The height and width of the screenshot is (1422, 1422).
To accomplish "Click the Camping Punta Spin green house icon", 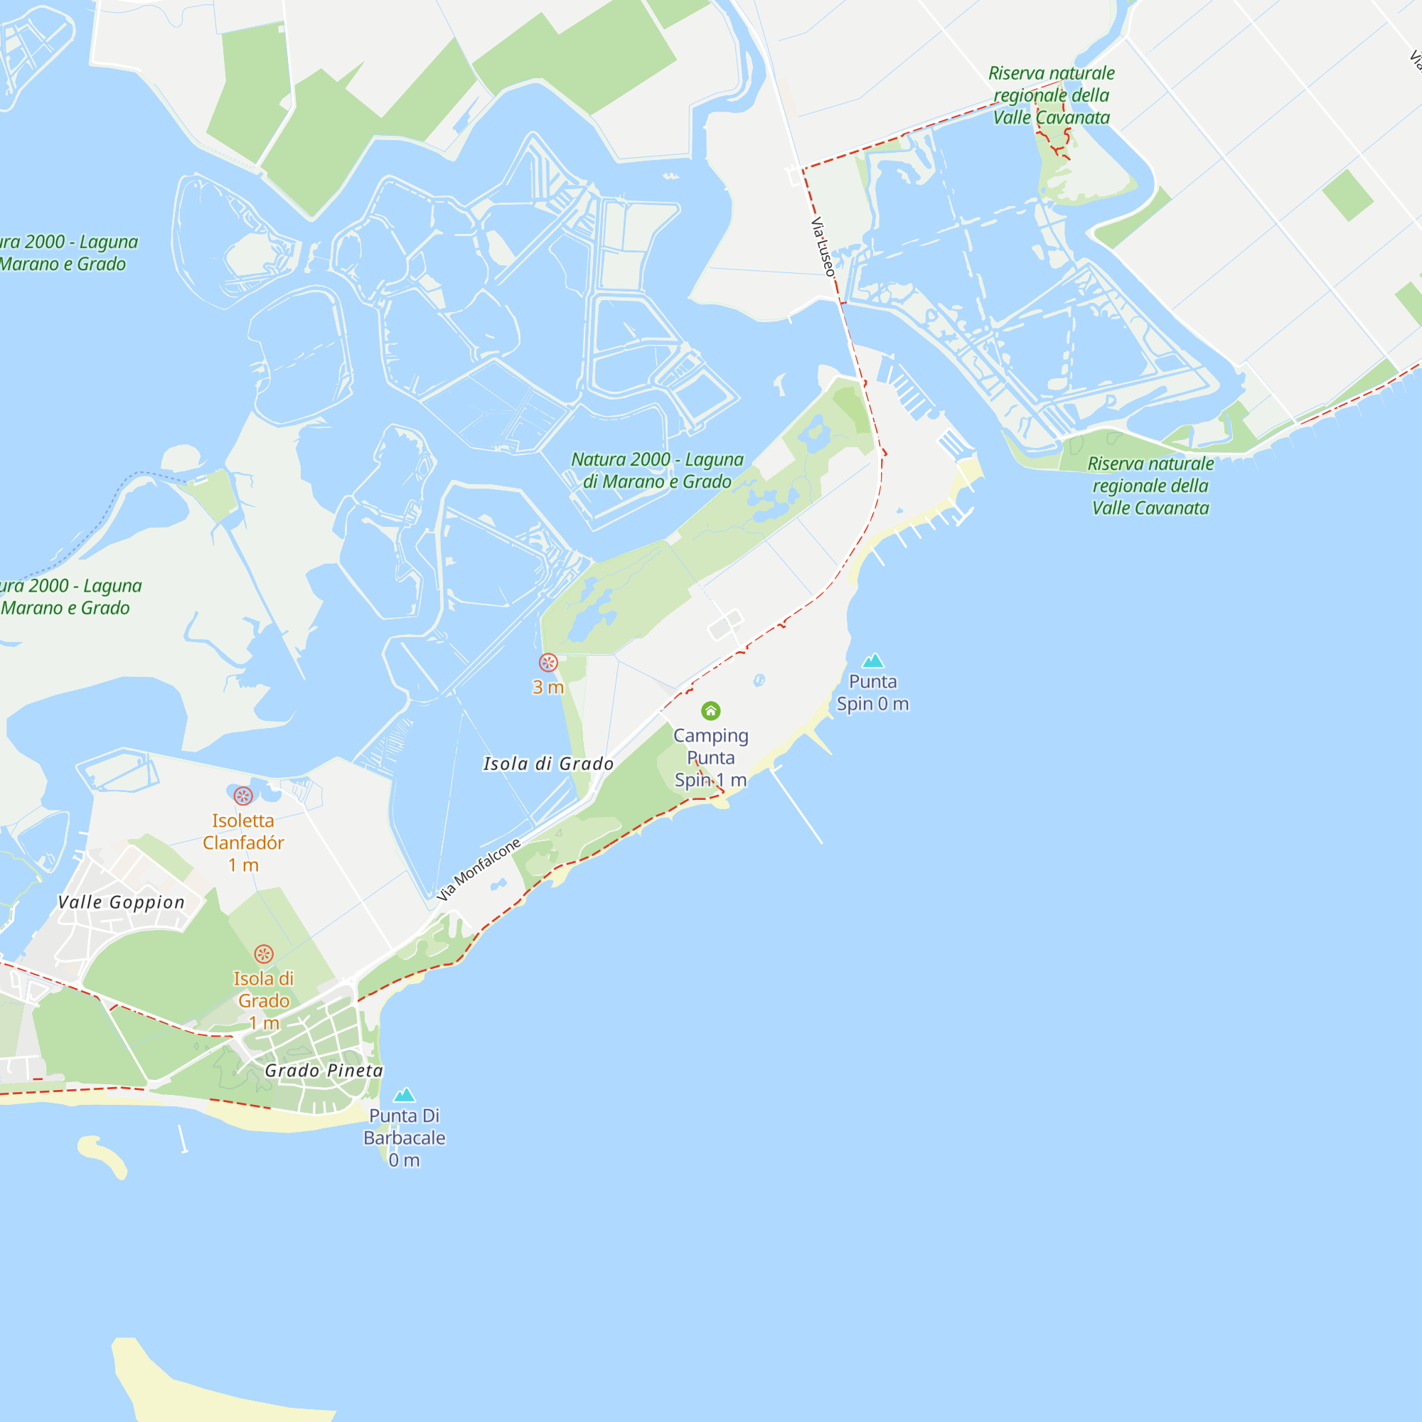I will pos(710,710).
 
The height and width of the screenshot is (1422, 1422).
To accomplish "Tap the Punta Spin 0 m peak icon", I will pos(873,661).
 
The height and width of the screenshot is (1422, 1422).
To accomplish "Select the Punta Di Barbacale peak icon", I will pos(404,1094).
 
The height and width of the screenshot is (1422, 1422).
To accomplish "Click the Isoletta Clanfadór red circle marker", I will pos(243,796).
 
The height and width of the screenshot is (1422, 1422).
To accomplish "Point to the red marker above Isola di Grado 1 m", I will pos(264,954).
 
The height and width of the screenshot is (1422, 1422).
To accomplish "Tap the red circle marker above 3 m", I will pos(548,663).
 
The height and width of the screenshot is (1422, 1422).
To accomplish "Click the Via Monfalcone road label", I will pos(479,870).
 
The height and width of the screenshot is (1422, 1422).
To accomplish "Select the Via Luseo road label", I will pos(823,247).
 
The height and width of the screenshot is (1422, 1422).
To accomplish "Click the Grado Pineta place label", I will pos(324,1070).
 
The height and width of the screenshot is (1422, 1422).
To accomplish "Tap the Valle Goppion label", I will pos(122,902).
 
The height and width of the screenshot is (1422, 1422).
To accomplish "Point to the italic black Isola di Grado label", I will pos(548,764).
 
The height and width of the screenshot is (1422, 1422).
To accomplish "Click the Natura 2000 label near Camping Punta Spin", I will pos(657,470).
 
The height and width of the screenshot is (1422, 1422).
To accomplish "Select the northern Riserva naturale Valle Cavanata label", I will pos(1051,95).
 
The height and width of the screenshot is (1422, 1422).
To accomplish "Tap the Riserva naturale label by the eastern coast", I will pos(1150,486).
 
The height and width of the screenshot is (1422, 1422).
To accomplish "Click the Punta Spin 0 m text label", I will pos(873,693).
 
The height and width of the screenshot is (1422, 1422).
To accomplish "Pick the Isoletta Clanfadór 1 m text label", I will pos(243,843).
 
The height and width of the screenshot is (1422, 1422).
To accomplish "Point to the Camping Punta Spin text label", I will pos(710,757).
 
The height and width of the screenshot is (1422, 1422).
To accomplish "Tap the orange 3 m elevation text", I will pos(548,688).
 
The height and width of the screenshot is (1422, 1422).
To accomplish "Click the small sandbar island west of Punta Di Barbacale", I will pos(103,1155).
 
